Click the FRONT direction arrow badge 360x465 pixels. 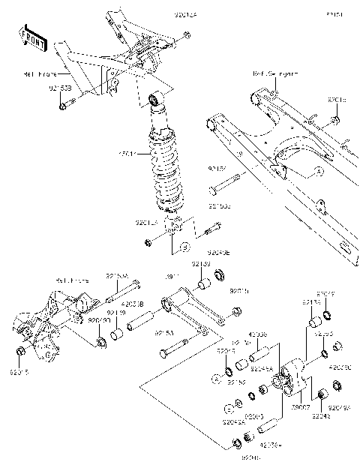(x=32, y=38)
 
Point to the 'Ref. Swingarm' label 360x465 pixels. (x=274, y=74)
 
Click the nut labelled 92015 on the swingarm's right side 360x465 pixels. (x=335, y=120)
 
